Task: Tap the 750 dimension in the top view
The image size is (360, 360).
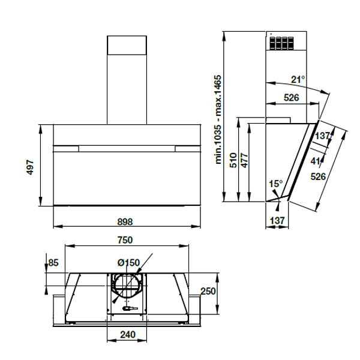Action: tap(124, 240)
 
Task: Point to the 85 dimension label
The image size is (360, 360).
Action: tap(53, 263)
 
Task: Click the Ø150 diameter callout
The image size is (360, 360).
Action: tap(128, 262)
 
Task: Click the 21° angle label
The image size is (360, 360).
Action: tap(298, 79)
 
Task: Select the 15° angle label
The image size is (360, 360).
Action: tap(275, 184)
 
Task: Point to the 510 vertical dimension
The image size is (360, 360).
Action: tap(233, 159)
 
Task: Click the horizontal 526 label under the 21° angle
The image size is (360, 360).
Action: tap(292, 97)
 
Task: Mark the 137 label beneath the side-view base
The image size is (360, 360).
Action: tap(277, 221)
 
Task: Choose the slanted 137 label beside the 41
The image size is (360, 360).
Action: tap(323, 136)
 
